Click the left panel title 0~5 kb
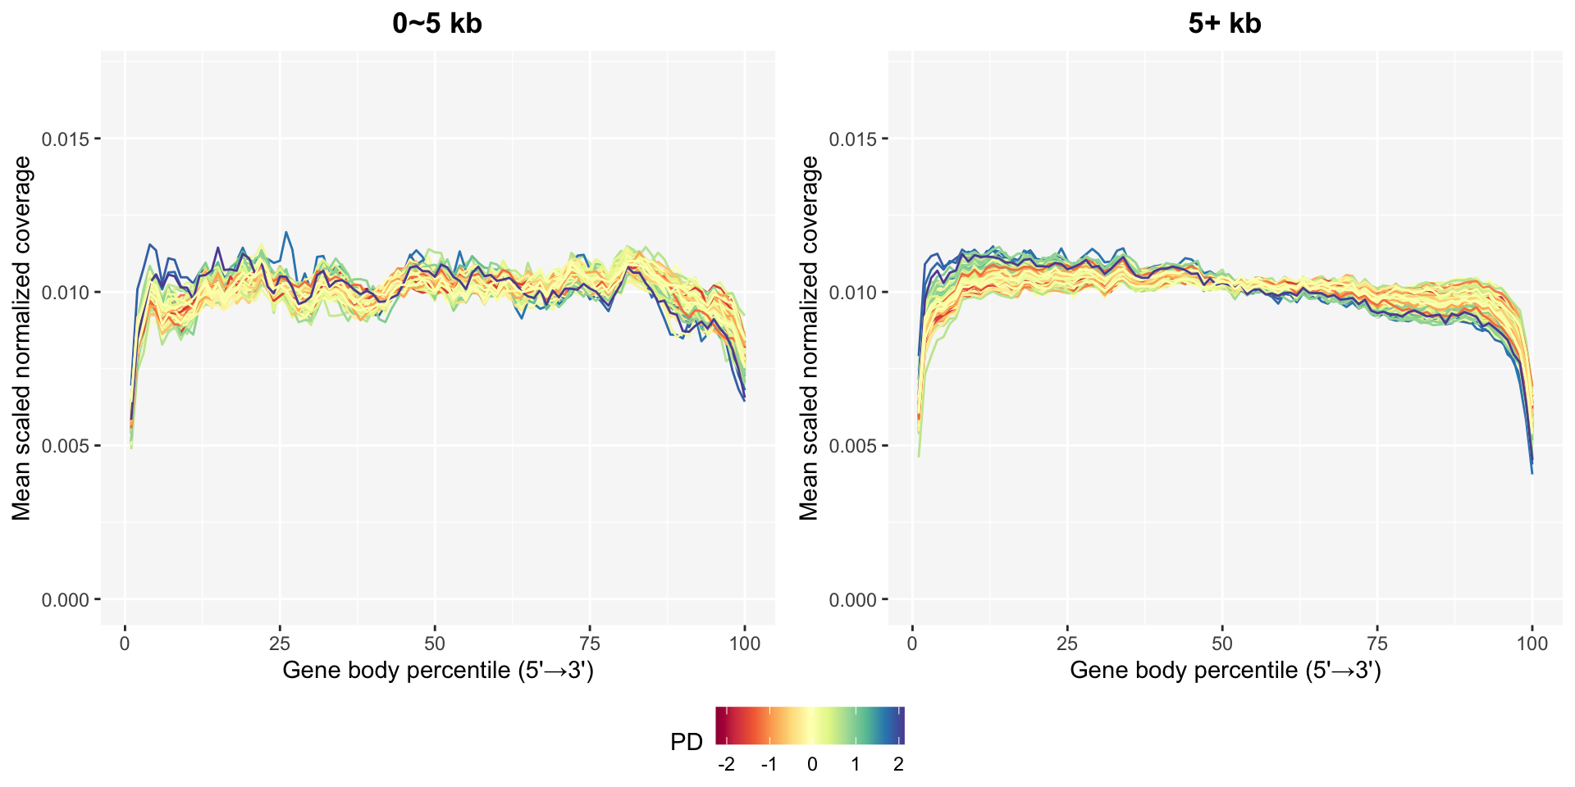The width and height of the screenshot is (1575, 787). click(437, 24)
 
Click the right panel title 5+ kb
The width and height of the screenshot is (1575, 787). click(1224, 24)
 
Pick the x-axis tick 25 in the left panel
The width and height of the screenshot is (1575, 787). click(280, 644)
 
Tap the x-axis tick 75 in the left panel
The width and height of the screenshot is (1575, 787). click(590, 644)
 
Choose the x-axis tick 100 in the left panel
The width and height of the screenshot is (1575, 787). click(745, 644)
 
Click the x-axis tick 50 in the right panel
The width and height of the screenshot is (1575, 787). click(1222, 644)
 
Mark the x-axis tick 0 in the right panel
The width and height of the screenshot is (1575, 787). click(912, 644)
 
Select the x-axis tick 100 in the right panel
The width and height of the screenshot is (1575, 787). click(1532, 644)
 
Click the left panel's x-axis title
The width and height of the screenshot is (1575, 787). click(437, 671)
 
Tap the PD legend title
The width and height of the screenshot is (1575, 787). click(687, 743)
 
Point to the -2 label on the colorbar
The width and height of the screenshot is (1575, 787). click(726, 765)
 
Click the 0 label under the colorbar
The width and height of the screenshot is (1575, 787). click(812, 765)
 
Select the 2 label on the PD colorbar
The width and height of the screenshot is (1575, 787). click(898, 765)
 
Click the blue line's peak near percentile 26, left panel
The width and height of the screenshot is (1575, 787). click(286, 232)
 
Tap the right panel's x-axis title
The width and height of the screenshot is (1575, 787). click(1225, 671)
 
